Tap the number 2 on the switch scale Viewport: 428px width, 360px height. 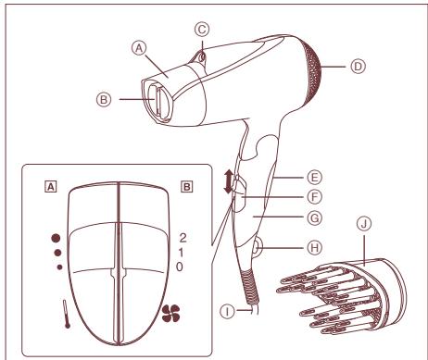pos(182,239)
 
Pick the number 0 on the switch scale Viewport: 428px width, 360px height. pos(182,267)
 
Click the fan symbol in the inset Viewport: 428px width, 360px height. pos(170,312)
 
